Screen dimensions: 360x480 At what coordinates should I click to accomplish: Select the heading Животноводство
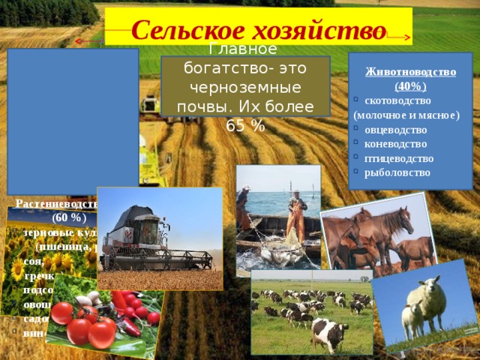(x=410, y=72)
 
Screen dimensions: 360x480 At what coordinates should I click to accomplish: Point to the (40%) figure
(x=410, y=86)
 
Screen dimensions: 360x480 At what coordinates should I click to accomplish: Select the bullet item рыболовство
(x=397, y=172)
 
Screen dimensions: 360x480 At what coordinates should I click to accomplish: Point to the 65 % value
(x=245, y=126)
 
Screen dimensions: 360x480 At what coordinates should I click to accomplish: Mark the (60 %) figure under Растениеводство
(x=70, y=218)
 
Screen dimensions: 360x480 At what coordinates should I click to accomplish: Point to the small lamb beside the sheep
(x=412, y=319)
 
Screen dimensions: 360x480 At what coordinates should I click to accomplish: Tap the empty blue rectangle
(x=73, y=120)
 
